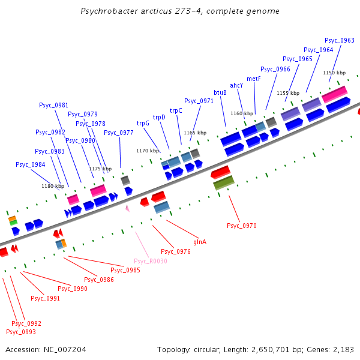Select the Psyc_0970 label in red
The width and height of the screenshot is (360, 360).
(x=242, y=226)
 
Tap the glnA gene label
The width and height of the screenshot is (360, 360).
(x=200, y=242)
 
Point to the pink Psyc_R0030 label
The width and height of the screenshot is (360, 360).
(x=150, y=261)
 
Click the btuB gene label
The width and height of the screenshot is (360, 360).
(x=220, y=92)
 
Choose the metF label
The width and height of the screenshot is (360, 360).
(x=254, y=79)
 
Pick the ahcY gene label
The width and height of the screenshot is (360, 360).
(x=237, y=85)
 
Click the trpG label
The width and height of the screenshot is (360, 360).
(x=143, y=123)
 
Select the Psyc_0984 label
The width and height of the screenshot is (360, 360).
(x=31, y=164)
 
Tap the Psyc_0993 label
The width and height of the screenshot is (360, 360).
(x=21, y=332)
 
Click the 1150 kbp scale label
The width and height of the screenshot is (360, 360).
(x=334, y=73)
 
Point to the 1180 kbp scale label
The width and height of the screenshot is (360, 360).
(x=52, y=186)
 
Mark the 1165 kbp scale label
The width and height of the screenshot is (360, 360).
(x=195, y=133)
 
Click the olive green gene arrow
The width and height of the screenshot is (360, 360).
(x=224, y=183)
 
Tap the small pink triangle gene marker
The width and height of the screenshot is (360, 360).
(x=127, y=208)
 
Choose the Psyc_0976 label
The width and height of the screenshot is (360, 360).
(x=176, y=251)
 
